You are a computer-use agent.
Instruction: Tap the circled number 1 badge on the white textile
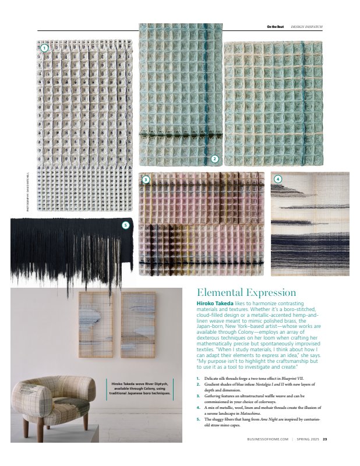pos(44,48)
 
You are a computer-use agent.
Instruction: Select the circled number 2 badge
pos(214,158)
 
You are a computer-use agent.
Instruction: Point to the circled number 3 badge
pos(146,179)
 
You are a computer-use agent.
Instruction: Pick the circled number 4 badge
pos(278,179)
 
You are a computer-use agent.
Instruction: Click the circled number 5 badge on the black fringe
pos(125,225)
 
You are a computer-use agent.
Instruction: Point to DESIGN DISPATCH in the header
pos(306,27)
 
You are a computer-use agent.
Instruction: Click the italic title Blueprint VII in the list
pos(305,379)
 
